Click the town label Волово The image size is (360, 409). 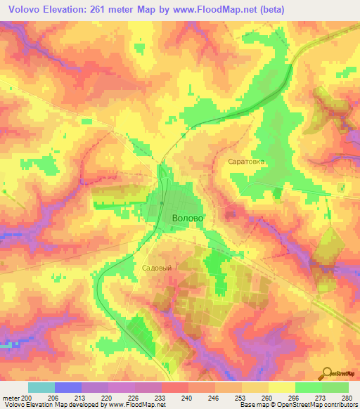pyautogui.click(x=188, y=219)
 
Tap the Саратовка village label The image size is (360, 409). pyautogui.click(x=246, y=161)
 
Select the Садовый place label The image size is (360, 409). pyautogui.click(x=157, y=268)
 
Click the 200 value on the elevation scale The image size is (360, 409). pyautogui.click(x=27, y=398)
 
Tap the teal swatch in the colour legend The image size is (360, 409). pyautogui.click(x=41, y=387)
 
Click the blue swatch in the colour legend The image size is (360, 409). pyautogui.click(x=68, y=387)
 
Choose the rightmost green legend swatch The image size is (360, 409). pyautogui.click(x=335, y=387)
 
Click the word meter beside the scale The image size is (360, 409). pyautogui.click(x=10, y=398)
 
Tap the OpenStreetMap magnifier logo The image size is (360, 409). pyautogui.click(x=328, y=372)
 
